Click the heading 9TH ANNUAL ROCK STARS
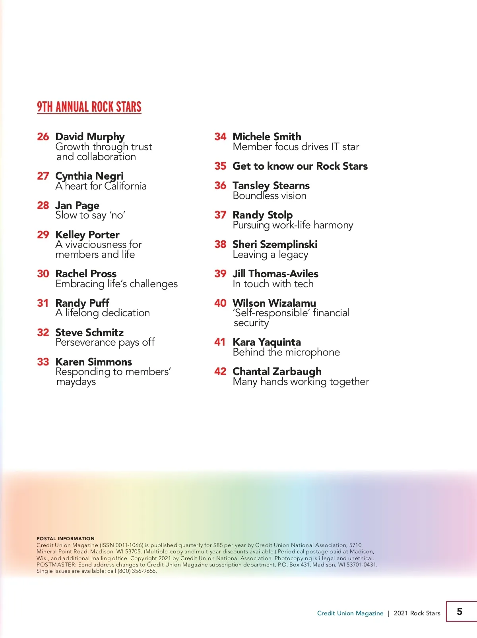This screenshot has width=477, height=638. (89, 107)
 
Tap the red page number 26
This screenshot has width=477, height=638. (43, 137)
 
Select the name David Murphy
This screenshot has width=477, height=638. (90, 137)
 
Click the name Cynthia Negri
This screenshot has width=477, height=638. (89, 176)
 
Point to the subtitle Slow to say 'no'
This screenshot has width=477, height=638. (90, 215)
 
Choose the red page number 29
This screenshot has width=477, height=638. (43, 235)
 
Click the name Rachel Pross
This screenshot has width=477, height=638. (86, 274)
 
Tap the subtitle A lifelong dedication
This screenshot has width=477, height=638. (103, 313)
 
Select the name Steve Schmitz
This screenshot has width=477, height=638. (89, 333)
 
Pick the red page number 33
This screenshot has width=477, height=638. (43, 362)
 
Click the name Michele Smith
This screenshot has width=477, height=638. (267, 137)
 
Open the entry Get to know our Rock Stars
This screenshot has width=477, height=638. (300, 166)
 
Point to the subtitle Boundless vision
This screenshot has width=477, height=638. (270, 196)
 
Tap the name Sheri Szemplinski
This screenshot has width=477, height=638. (275, 244)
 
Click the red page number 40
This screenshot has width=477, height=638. (220, 303)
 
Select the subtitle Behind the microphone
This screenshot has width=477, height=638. (286, 352)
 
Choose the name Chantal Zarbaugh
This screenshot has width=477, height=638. (277, 371)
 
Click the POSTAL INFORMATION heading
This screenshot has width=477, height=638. (66, 539)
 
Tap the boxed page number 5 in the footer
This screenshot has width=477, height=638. (460, 611)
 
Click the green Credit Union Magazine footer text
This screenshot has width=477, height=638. (350, 613)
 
